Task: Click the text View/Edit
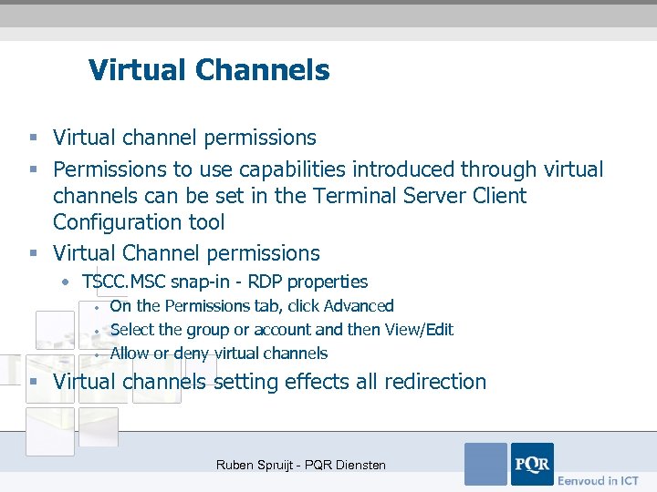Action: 418,330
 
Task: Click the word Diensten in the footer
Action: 359,466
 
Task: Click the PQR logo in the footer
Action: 531,464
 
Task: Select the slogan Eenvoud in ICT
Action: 599,480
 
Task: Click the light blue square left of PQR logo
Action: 485,464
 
